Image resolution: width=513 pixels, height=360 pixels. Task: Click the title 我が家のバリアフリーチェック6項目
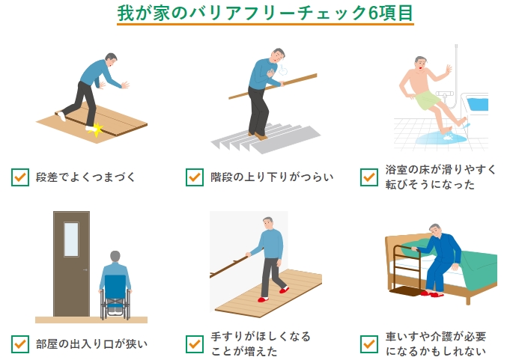point(265,13)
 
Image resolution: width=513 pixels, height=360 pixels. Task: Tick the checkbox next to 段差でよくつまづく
point(20,177)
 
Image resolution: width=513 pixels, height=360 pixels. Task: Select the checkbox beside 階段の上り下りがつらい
point(195,177)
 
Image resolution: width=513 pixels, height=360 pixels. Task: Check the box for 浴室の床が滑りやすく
point(369,177)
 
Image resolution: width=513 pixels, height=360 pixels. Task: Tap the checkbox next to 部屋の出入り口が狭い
point(20,344)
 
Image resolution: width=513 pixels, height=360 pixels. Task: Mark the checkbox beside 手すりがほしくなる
point(195,344)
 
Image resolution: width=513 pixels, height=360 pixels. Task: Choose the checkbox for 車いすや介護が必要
point(369,344)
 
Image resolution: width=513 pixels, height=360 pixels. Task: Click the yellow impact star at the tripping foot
point(96,129)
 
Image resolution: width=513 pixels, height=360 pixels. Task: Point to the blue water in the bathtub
point(478,104)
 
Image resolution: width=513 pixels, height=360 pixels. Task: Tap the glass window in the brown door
point(71,240)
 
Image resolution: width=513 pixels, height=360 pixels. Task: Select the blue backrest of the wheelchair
point(115,287)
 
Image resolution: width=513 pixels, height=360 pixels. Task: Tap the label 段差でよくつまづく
point(85,177)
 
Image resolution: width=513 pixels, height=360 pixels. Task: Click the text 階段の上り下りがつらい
point(272,177)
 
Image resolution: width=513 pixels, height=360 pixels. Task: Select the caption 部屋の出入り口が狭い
point(91,344)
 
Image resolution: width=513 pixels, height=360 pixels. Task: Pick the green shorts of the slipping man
point(427,100)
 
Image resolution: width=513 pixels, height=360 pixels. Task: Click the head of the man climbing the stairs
point(278,55)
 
